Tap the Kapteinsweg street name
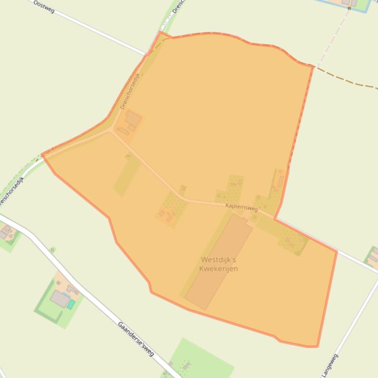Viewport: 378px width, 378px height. [241, 208]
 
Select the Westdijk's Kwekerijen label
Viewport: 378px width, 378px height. [219, 264]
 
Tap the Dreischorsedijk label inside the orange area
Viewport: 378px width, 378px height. [130, 91]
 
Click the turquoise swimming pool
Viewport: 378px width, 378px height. [71, 304]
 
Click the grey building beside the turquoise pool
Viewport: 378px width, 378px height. [60, 298]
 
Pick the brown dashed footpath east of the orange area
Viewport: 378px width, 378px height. [349, 81]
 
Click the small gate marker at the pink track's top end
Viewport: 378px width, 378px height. [349, 8]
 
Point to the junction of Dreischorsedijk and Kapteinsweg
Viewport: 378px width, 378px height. [111, 131]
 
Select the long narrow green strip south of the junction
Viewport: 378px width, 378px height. [127, 174]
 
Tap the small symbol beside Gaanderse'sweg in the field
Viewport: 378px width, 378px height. [53, 250]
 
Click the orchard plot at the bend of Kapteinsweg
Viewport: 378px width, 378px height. [172, 208]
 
